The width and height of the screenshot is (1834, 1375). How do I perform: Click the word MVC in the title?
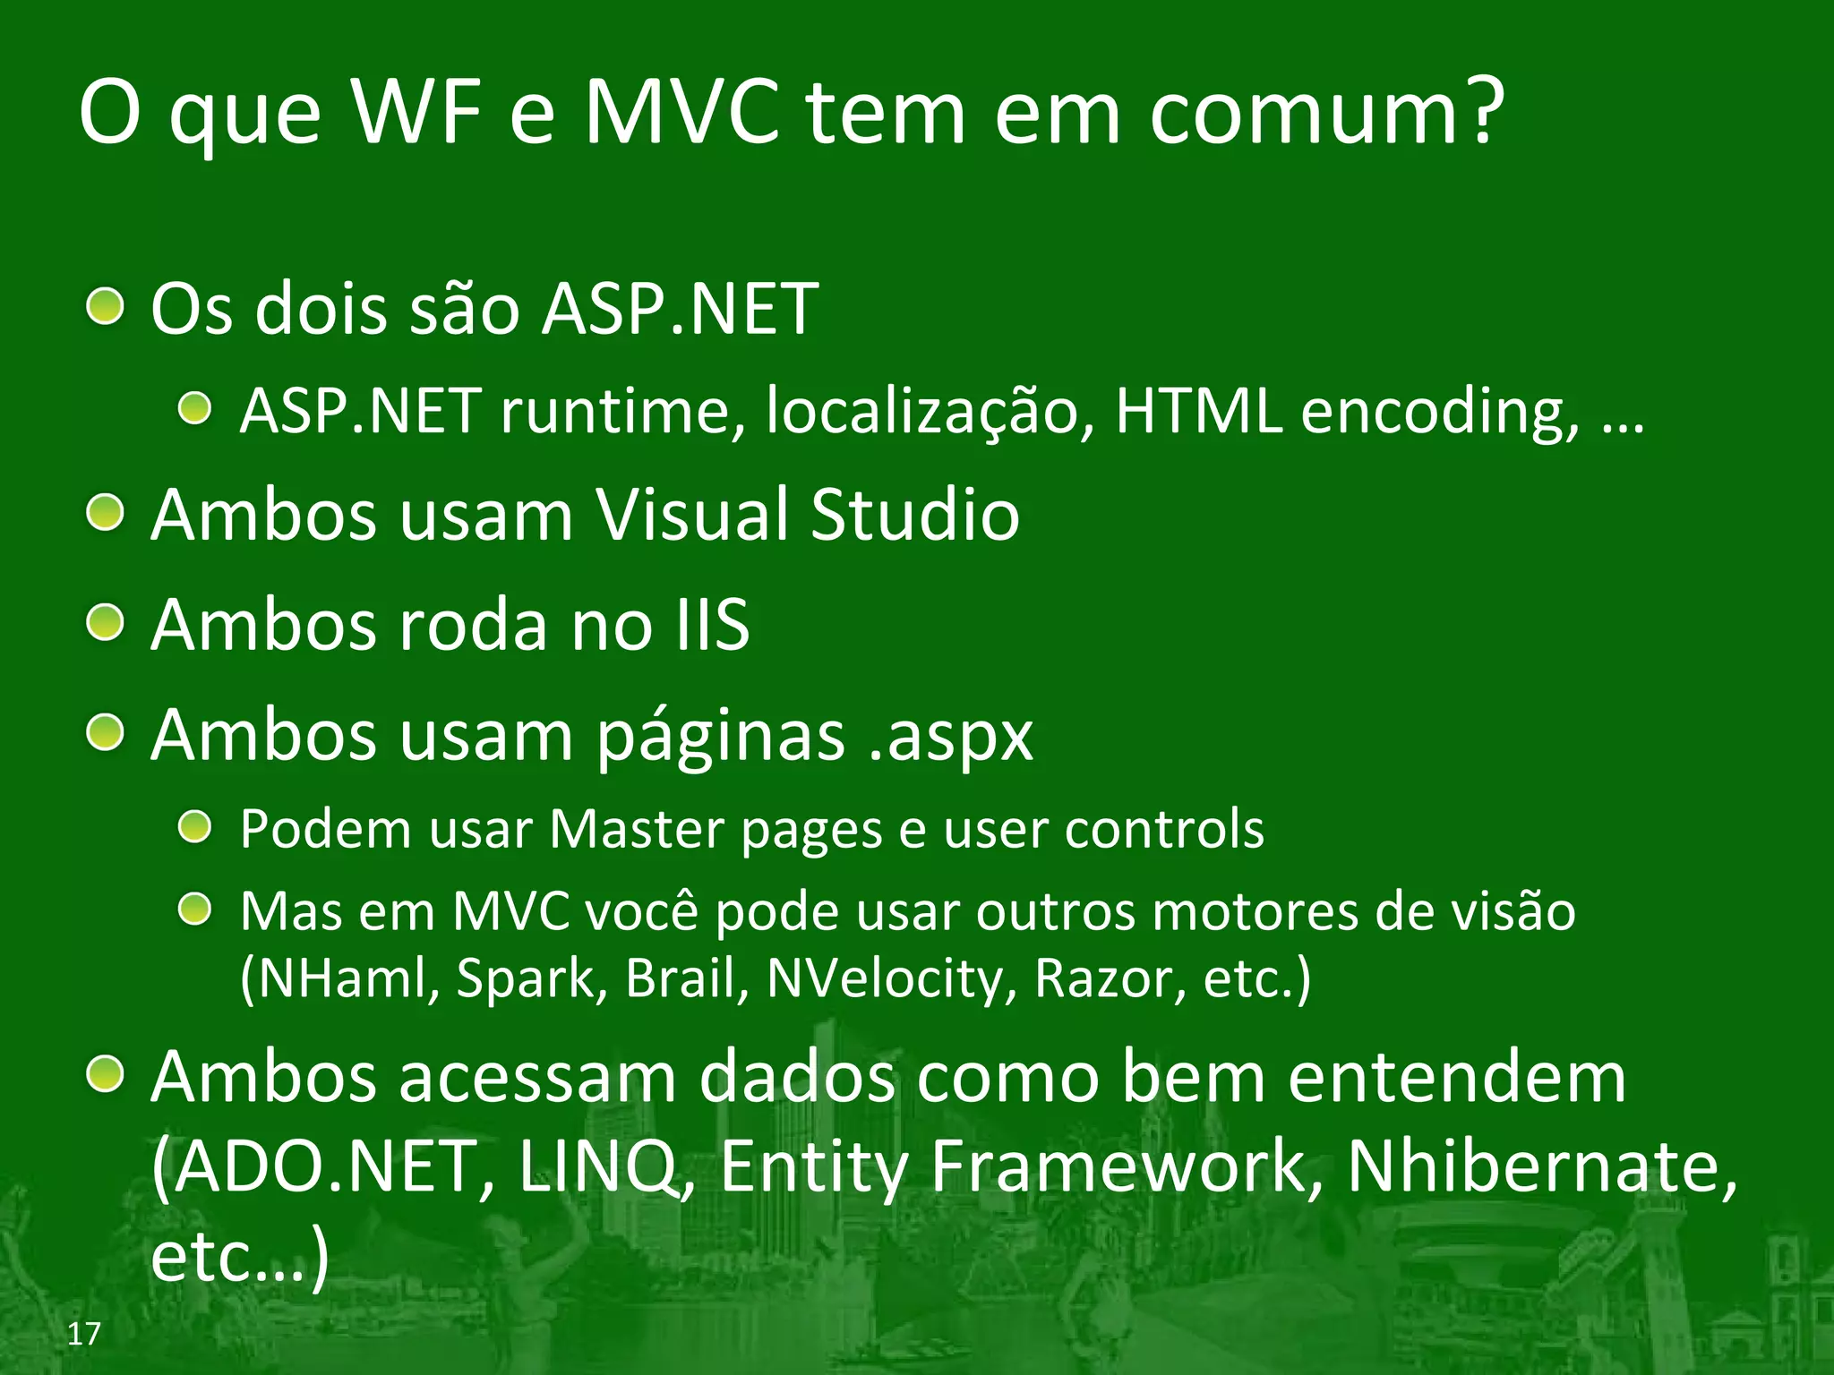pyautogui.click(x=681, y=114)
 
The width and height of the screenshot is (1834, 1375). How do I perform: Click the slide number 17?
pyautogui.click(x=83, y=1334)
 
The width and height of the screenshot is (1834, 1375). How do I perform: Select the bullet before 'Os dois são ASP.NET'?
pyautogui.click(x=106, y=307)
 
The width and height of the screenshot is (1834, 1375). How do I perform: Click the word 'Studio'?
pyautogui.click(x=914, y=515)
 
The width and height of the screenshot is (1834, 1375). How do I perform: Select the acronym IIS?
pyautogui.click(x=712, y=624)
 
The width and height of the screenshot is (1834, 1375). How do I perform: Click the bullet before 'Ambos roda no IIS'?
pyautogui.click(x=106, y=622)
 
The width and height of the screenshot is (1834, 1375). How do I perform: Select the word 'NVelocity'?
pyautogui.click(x=892, y=978)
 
